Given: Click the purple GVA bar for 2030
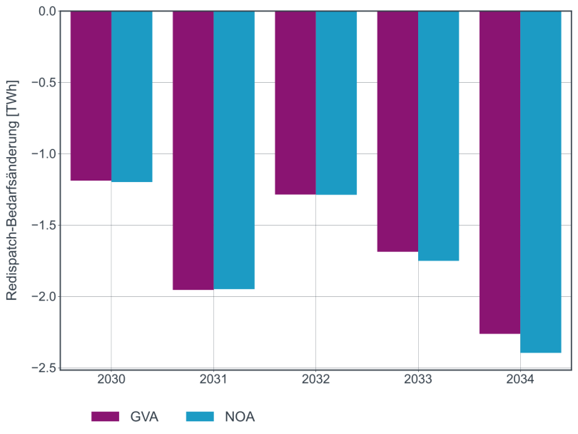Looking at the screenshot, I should (91, 96).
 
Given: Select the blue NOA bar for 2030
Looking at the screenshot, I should (132, 96).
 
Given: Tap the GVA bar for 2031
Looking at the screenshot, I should (193, 150).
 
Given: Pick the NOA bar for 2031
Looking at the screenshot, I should (234, 150).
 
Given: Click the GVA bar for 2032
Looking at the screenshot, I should (295, 103).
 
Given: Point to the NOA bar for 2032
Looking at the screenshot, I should (336, 103).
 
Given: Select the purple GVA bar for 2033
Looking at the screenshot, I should (397, 131).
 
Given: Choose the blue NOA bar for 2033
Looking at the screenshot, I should (438, 136).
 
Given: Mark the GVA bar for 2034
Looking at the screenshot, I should (500, 172).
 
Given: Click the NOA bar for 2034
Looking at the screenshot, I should (541, 182).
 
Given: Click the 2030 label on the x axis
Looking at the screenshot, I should (111, 380).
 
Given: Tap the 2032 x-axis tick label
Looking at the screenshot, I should (315, 380).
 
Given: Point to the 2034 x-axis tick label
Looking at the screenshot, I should (520, 380).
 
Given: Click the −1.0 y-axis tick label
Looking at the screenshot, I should (44, 154).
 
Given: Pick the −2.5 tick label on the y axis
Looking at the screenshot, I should (44, 368).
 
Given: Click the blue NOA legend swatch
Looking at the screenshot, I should (201, 417).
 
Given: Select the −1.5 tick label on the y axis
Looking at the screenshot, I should (44, 226).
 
